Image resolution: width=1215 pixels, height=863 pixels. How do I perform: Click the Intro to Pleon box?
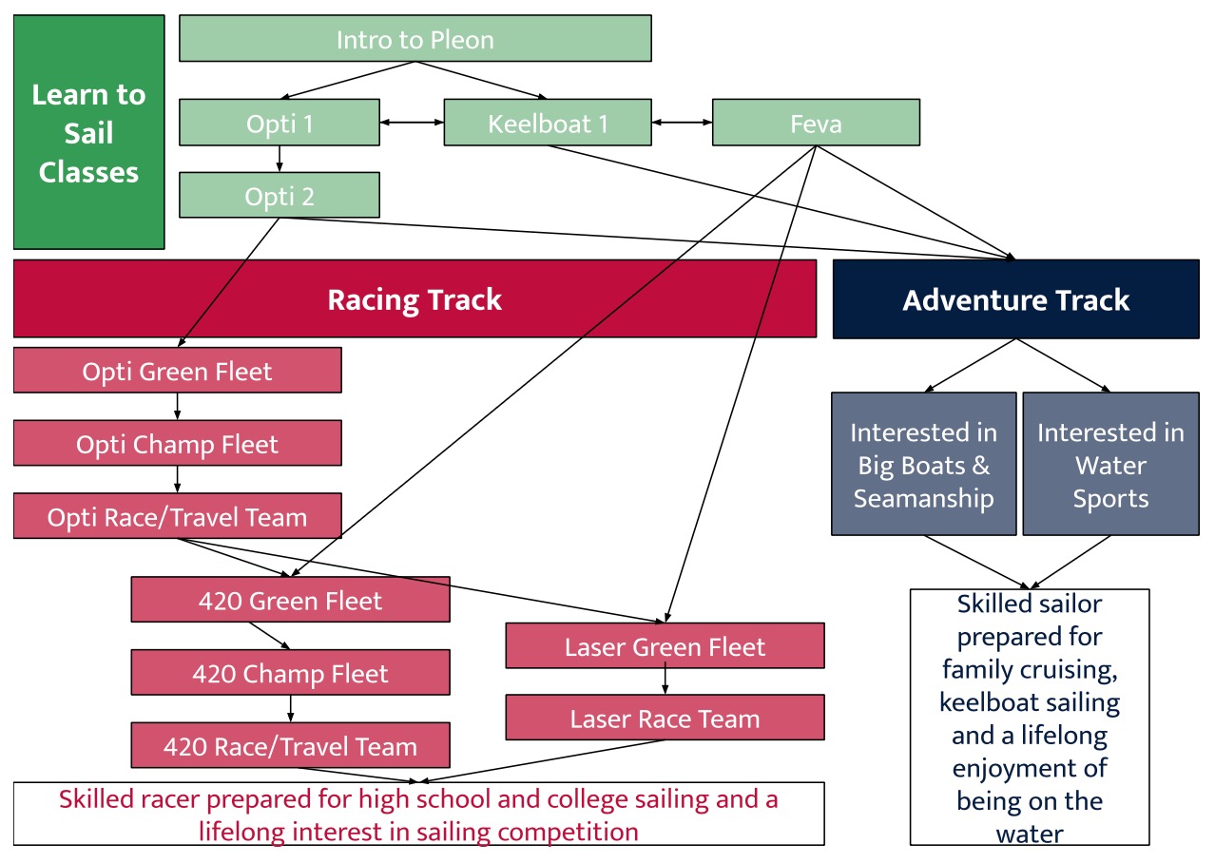[415, 39]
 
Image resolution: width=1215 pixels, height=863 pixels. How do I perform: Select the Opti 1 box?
[280, 123]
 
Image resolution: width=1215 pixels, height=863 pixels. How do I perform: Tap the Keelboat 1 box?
[548, 123]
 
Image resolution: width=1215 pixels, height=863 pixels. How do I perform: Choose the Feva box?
[816, 123]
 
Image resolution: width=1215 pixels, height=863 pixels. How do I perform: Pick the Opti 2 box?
[280, 195]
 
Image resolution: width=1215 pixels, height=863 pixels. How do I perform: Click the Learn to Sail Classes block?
[88, 132]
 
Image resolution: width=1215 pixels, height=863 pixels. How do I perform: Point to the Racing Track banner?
[415, 299]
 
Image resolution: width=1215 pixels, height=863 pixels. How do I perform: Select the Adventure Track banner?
[1015, 299]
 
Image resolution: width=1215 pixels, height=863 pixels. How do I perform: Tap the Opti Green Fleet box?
[177, 371]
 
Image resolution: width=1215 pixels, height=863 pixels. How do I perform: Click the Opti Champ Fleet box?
[177, 444]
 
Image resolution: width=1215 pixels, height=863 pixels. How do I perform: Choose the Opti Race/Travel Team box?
[177, 517]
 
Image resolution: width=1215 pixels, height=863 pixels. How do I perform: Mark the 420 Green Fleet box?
[290, 600]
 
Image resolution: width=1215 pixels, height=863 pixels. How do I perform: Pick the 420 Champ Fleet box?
[290, 673]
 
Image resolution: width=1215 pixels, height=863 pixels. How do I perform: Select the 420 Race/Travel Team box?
[290, 746]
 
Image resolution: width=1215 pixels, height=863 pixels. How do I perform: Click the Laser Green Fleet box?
[665, 646]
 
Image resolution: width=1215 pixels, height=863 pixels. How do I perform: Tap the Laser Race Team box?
[665, 718]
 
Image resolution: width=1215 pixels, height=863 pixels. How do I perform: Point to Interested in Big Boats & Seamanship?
[923, 464]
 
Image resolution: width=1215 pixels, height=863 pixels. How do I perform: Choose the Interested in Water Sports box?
[1110, 464]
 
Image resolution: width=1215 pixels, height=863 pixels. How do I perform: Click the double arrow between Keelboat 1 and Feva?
[682, 123]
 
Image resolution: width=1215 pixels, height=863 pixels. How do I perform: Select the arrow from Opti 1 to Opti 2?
[280, 158]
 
